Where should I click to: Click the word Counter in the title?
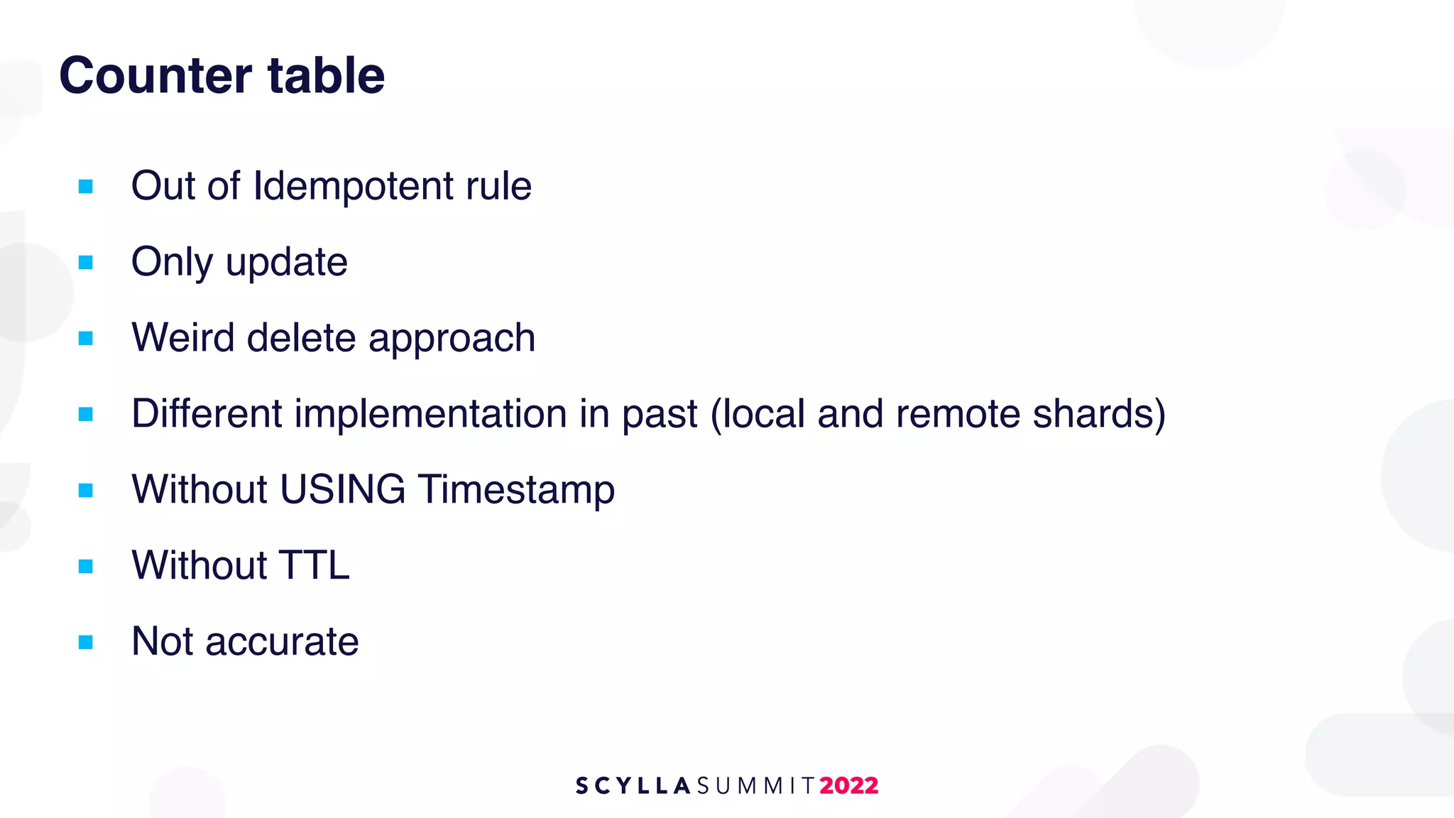click(x=155, y=75)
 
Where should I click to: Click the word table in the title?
click(x=326, y=75)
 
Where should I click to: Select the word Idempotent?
click(x=353, y=186)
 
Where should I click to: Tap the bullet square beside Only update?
click(x=86, y=263)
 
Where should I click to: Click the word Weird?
click(x=182, y=337)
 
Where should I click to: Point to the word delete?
click(x=301, y=337)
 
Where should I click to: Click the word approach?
click(x=452, y=339)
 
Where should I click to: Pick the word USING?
click(x=342, y=489)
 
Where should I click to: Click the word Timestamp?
click(x=515, y=491)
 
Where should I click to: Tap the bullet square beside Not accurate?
click(x=86, y=643)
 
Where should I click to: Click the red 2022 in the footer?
click(x=848, y=785)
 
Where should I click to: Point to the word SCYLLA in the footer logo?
click(x=633, y=785)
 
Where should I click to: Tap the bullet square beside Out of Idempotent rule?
click(x=86, y=187)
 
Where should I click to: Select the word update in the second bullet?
click(x=286, y=263)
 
